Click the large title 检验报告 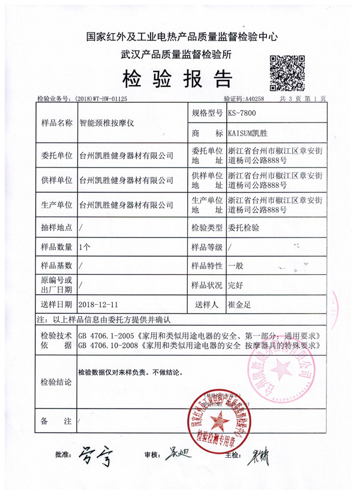[177, 79]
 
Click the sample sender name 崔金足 [239, 305]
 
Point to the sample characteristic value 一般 [235, 266]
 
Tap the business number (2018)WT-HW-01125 [100, 98]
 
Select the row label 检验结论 [56, 382]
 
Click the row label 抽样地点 [56, 228]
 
